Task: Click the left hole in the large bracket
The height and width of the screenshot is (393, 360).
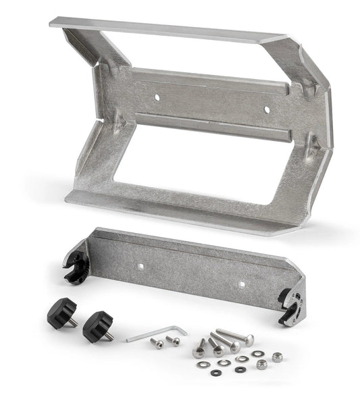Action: pos(157,97)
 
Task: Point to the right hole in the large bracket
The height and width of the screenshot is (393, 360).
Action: pos(266,108)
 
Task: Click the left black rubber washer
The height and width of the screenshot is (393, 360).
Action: pos(215,372)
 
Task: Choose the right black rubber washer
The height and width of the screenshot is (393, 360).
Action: pos(239,369)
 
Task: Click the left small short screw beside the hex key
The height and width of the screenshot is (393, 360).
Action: pos(157,344)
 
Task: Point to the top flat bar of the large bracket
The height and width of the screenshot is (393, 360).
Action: pos(169,30)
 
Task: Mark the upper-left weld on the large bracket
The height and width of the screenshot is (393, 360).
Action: pos(107,64)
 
